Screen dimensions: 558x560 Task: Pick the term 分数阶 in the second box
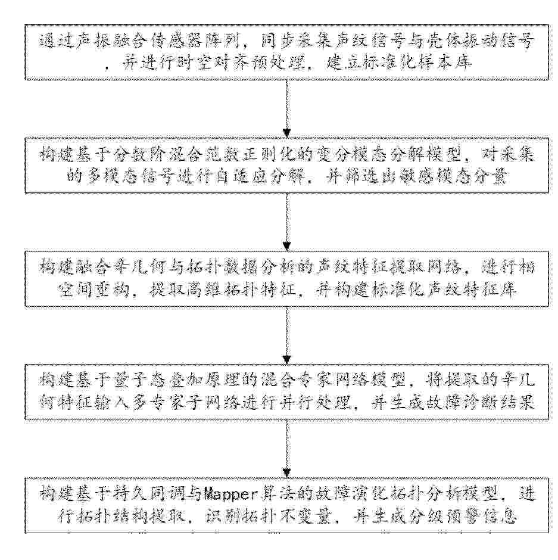tap(141, 155)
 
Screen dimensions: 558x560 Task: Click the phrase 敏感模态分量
tap(453, 177)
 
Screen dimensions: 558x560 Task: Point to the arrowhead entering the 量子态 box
tap(286, 360)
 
